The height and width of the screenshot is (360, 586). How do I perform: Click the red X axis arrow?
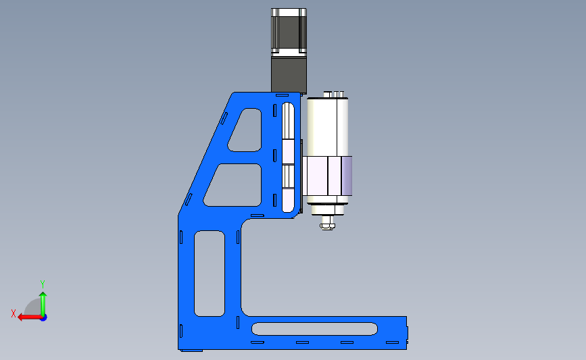click(30, 317)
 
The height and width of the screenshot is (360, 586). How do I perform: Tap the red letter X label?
click(13, 313)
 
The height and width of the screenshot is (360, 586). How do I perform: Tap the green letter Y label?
click(43, 284)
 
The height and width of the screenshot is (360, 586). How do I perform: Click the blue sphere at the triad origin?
click(44, 318)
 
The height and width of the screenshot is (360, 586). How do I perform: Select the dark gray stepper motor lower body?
click(289, 76)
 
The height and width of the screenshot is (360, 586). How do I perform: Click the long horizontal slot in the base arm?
click(314, 329)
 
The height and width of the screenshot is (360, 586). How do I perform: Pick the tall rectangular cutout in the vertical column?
click(210, 274)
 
